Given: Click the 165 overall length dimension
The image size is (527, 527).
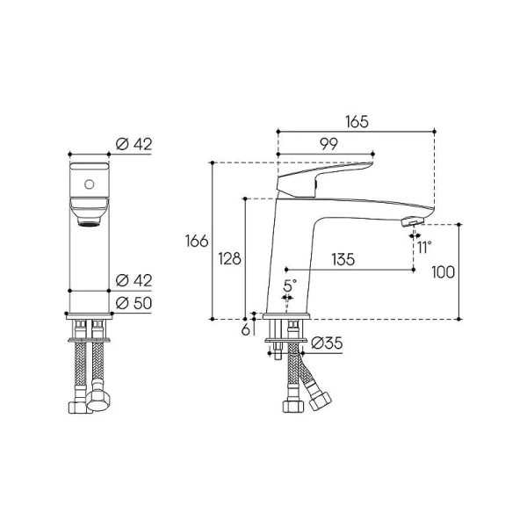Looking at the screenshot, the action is [357, 122].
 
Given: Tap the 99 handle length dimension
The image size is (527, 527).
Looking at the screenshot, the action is [328, 144].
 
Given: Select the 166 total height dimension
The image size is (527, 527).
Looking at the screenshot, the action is [197, 241].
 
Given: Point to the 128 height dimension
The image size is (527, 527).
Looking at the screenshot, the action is [229, 258].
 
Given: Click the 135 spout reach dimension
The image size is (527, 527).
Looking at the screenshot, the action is [343, 259].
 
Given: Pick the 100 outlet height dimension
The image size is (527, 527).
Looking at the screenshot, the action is [443, 271].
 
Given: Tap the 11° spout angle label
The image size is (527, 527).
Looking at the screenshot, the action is [424, 248].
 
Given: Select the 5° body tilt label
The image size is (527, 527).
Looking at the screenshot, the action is [290, 285].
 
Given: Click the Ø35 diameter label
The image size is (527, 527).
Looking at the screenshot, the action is [327, 343].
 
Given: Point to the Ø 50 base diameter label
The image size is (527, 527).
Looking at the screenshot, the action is [134, 303].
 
